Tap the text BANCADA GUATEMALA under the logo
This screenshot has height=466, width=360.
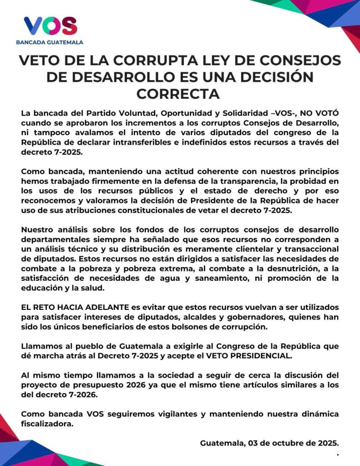coord(50,42)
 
